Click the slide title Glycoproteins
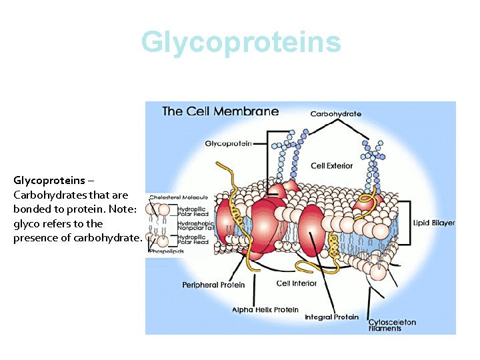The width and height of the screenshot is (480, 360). (241, 42)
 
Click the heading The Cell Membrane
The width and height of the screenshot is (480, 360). (221, 111)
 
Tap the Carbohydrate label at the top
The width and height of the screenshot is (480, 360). (336, 114)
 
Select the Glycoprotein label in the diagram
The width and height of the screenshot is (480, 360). (228, 143)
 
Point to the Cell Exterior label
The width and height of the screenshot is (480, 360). (332, 165)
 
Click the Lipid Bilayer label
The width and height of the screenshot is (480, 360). (434, 223)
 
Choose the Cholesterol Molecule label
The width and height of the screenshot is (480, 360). (179, 197)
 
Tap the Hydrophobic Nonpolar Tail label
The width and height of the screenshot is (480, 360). (195, 225)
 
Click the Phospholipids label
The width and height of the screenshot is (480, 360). (166, 251)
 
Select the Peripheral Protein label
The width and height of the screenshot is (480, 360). (213, 285)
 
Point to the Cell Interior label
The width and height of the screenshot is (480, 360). (297, 283)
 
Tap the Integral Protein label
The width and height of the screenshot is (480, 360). (331, 317)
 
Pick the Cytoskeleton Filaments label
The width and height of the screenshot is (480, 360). (392, 325)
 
